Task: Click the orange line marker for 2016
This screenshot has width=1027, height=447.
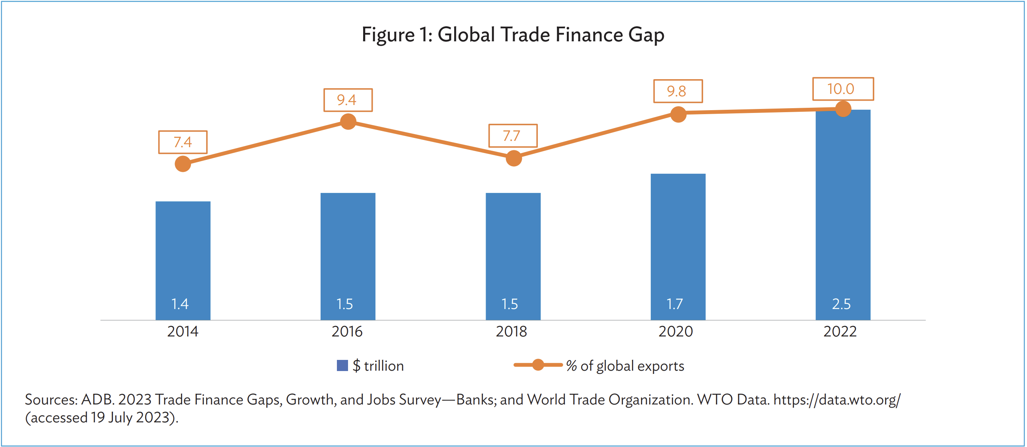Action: [348, 122]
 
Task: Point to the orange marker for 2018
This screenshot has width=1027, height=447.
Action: [513, 158]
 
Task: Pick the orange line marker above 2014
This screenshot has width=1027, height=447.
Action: [183, 163]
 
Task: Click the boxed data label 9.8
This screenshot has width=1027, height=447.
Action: [677, 91]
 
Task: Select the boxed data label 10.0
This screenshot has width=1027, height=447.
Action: [843, 89]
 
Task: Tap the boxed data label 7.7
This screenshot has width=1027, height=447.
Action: [513, 136]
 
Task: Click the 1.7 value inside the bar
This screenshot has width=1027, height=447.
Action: [675, 304]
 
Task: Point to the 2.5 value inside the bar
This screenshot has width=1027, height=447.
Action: [841, 304]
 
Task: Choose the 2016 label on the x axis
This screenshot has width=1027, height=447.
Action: [347, 331]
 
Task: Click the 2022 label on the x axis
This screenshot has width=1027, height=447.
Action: [840, 331]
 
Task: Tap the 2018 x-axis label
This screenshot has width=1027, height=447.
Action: [511, 331]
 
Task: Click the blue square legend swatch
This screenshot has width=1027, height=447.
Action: [342, 365]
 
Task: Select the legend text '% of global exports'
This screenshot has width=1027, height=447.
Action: [625, 365]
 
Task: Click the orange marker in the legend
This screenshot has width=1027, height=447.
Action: [538, 364]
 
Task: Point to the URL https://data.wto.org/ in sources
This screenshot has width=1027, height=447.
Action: [836, 399]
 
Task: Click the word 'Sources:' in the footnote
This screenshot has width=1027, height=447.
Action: [51, 399]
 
